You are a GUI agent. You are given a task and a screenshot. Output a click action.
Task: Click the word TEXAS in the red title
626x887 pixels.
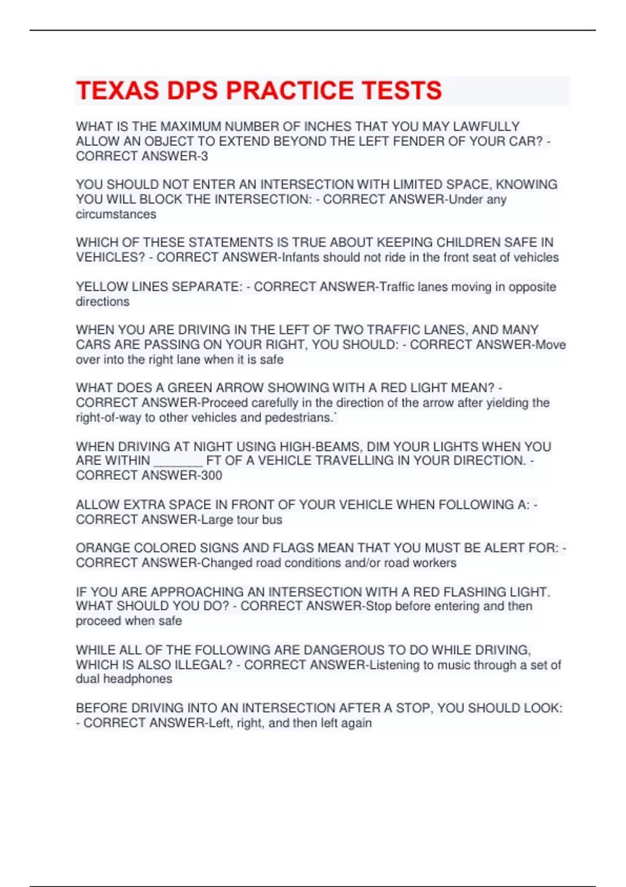point(117,91)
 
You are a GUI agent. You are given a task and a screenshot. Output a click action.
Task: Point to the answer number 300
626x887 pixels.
point(211,475)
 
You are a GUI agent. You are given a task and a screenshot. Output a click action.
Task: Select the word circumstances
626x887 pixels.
point(116,214)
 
